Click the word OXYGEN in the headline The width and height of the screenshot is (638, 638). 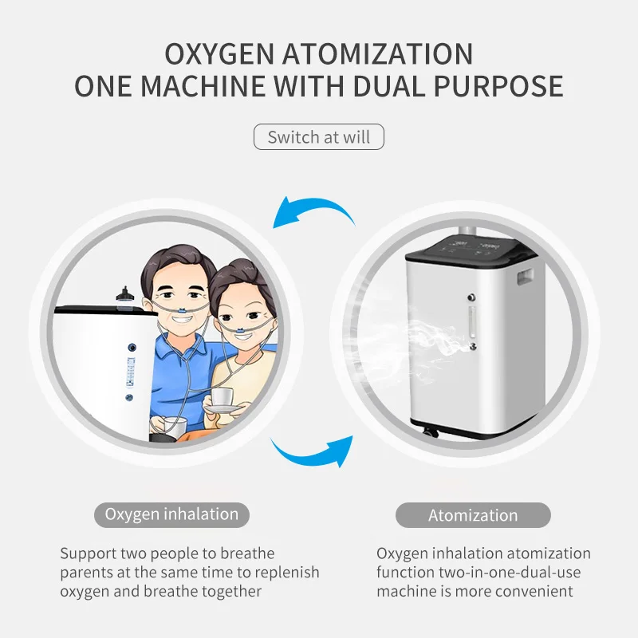[x=219, y=53]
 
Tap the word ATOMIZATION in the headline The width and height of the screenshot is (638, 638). [x=378, y=53]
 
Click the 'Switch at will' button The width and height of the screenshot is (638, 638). [x=318, y=136]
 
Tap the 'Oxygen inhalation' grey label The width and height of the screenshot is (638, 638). [x=171, y=514]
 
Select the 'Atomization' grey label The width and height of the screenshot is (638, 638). [x=473, y=515]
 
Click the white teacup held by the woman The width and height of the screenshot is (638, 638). [x=223, y=398]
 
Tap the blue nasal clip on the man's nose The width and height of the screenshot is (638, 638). [x=183, y=311]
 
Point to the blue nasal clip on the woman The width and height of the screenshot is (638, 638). [x=240, y=330]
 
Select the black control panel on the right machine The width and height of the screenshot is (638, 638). [x=472, y=248]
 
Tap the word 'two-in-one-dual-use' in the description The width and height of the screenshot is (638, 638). [x=510, y=573]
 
